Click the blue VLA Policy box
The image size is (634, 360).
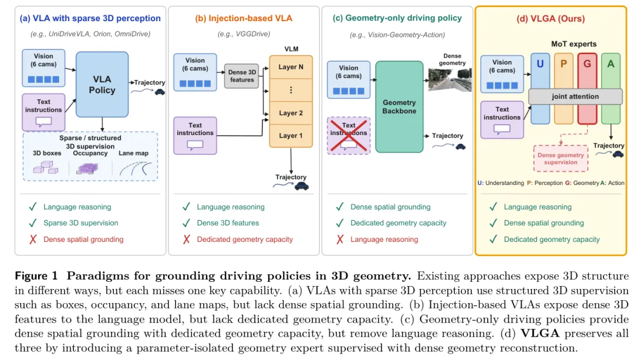click(102, 85)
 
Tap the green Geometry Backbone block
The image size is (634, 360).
click(399, 107)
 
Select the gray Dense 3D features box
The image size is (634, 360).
click(241, 76)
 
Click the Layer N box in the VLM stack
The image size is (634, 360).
click(291, 67)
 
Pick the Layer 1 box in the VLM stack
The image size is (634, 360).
click(291, 136)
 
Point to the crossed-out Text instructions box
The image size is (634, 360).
click(349, 136)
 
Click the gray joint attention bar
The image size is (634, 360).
click(575, 97)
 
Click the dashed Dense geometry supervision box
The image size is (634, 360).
click(561, 159)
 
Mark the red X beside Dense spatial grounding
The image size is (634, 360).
click(33, 240)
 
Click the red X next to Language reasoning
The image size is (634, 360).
click(340, 240)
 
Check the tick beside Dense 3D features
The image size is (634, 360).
click(187, 223)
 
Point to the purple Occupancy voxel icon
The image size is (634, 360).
click(87, 169)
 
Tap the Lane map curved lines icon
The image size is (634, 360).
click(136, 169)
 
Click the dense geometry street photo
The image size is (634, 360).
click(450, 80)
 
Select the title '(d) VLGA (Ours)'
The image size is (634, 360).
click(551, 19)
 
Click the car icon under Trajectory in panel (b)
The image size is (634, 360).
click(302, 186)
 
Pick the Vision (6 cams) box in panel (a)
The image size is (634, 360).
click(43, 68)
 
